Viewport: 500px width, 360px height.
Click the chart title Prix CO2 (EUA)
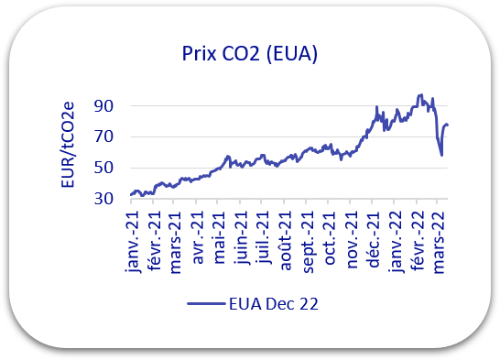click(x=250, y=54)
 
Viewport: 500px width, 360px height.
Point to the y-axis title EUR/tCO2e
click(x=68, y=145)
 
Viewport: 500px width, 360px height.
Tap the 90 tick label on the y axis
click(x=103, y=106)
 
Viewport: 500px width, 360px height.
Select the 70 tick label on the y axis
click(x=103, y=137)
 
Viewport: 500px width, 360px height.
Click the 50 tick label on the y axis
click(x=103, y=168)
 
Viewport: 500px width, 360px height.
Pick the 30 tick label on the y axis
click(x=103, y=199)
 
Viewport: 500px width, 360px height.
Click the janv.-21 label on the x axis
click(x=133, y=242)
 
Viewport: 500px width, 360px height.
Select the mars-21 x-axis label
click(x=175, y=243)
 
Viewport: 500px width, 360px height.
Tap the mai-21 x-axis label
click(x=220, y=238)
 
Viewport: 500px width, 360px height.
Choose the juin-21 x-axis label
click(x=242, y=238)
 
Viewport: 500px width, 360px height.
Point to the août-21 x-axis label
click(x=286, y=241)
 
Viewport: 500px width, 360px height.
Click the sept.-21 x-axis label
click(x=308, y=243)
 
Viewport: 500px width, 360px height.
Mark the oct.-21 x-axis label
click(x=330, y=238)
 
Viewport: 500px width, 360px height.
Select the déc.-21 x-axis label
click(x=374, y=239)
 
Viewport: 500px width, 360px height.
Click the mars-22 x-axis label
click(x=439, y=243)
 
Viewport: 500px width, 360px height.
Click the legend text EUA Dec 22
click(x=274, y=304)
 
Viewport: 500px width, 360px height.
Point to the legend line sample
click(x=206, y=303)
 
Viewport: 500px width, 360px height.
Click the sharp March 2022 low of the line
click(x=441, y=156)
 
